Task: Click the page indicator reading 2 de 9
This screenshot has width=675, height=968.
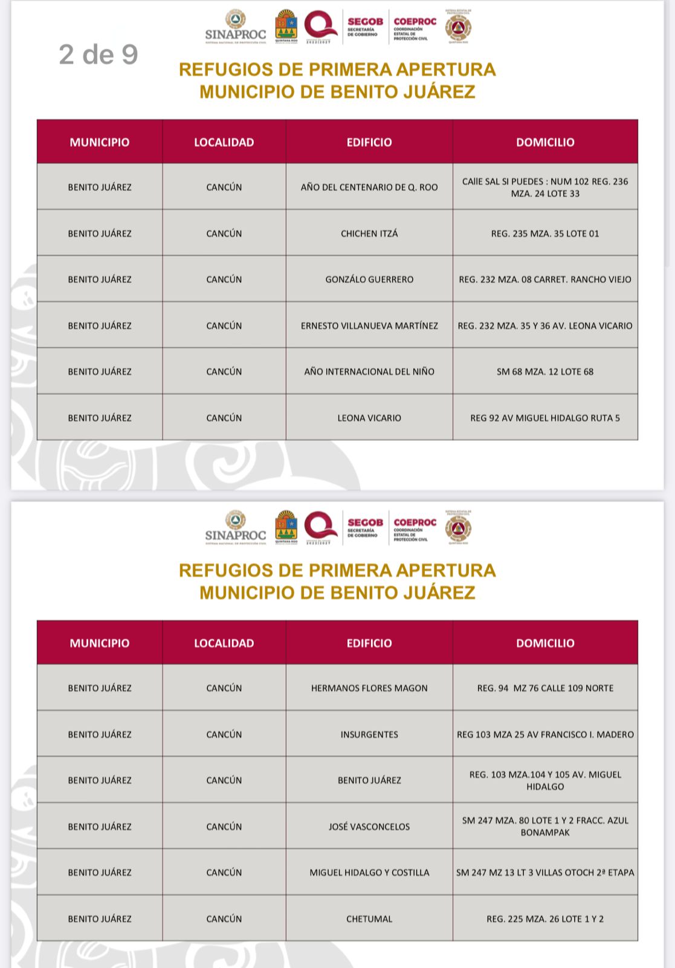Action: tap(99, 54)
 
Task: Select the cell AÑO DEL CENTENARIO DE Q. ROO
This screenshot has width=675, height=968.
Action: tap(369, 187)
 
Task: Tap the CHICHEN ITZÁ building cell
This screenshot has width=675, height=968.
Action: tap(369, 233)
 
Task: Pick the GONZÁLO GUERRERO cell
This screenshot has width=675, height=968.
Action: tap(369, 279)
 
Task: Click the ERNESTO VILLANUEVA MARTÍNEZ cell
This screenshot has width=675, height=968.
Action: tap(369, 326)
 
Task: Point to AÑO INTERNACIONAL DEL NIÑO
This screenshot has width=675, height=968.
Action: tap(369, 372)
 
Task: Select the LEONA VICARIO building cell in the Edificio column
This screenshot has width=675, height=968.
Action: tap(369, 418)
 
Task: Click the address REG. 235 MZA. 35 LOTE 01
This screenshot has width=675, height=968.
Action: tap(545, 233)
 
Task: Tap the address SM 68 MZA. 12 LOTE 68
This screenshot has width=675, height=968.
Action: tap(545, 372)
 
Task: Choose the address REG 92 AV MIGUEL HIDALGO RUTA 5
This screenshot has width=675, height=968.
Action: tap(545, 418)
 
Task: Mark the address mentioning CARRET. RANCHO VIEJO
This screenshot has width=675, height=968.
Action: tap(545, 279)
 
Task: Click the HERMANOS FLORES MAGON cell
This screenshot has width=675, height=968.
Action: tap(369, 688)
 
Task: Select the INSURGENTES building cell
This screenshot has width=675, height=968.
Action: tap(369, 735)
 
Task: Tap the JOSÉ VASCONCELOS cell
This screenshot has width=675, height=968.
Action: tap(369, 827)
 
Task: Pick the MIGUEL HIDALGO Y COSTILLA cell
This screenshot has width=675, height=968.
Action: tap(369, 872)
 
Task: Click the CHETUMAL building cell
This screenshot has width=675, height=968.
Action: tap(369, 919)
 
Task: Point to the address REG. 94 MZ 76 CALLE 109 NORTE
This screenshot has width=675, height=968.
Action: tap(545, 688)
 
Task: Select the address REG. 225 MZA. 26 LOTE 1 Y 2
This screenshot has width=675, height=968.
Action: tap(545, 919)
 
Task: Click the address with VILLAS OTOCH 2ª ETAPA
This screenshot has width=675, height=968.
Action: tap(545, 872)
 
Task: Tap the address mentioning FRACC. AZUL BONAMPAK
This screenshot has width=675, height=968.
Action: tap(545, 827)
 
